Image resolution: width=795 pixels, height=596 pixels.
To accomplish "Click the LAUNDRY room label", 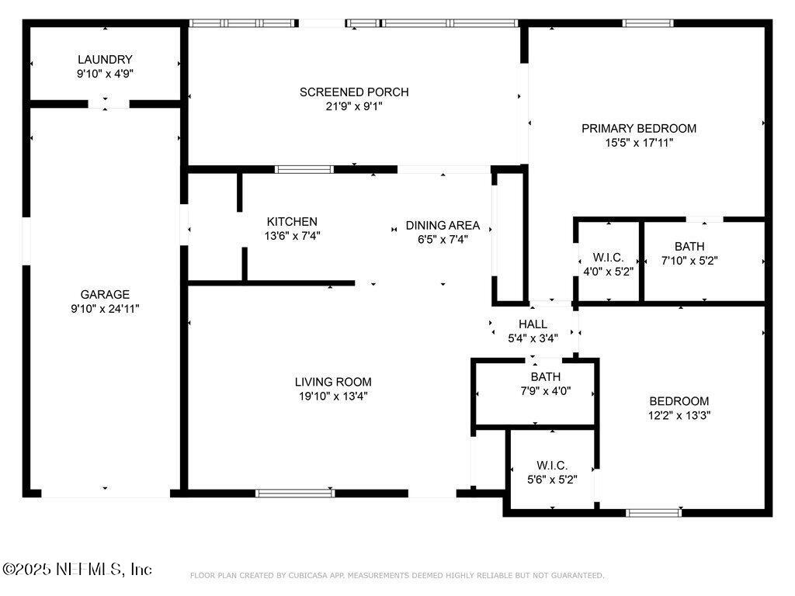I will (105, 60).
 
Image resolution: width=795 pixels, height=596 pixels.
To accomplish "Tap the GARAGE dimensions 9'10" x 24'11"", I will (105, 308).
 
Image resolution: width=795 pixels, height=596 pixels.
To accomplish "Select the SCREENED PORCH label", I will (354, 92).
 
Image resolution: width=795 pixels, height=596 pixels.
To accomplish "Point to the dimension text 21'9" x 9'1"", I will (354, 107).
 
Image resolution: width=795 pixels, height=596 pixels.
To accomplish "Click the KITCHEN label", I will (292, 221).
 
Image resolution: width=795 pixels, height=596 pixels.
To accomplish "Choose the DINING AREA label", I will (443, 225).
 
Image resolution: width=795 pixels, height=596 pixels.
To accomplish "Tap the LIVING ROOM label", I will (333, 382).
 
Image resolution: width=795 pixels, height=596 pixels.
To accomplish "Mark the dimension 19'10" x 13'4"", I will (333, 396).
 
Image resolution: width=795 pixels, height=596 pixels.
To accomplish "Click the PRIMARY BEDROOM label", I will (639, 128).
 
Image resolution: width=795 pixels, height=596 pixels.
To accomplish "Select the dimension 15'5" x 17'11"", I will (639, 142).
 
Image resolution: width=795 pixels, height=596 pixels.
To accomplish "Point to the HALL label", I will (533, 324).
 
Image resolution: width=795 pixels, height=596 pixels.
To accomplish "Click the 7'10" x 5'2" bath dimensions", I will (689, 261).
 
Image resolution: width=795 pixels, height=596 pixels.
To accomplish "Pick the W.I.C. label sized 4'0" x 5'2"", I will (608, 257).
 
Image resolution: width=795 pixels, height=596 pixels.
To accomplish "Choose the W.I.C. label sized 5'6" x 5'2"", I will (552, 466).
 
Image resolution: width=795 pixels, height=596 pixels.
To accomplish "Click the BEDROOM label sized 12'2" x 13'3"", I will (679, 401).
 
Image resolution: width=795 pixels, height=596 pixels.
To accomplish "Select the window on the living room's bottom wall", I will (295, 493).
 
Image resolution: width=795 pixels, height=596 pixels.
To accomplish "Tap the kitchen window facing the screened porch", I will (304, 169).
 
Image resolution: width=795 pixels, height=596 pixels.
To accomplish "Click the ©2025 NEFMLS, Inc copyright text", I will (78, 570).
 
